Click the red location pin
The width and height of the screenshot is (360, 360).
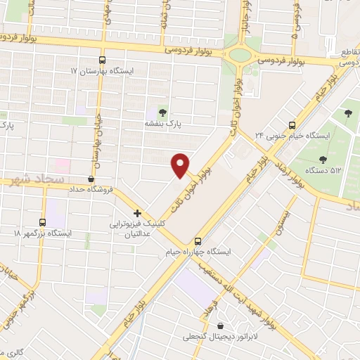point(181,165)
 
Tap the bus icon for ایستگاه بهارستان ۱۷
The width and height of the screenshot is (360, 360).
point(103,60)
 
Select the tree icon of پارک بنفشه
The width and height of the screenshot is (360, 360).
point(162,112)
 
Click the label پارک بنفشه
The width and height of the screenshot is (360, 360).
point(163,123)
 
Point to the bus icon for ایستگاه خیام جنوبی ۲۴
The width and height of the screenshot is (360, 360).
point(292,124)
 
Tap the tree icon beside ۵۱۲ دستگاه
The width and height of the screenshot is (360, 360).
point(322,160)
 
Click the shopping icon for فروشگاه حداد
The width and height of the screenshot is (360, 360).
point(90,179)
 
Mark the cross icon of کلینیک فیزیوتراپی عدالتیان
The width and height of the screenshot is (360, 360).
point(137,213)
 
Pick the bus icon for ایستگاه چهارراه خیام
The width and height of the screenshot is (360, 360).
point(198,240)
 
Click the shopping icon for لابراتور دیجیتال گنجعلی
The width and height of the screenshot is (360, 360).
point(222,326)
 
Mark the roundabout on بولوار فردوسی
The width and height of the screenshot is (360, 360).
point(241,54)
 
